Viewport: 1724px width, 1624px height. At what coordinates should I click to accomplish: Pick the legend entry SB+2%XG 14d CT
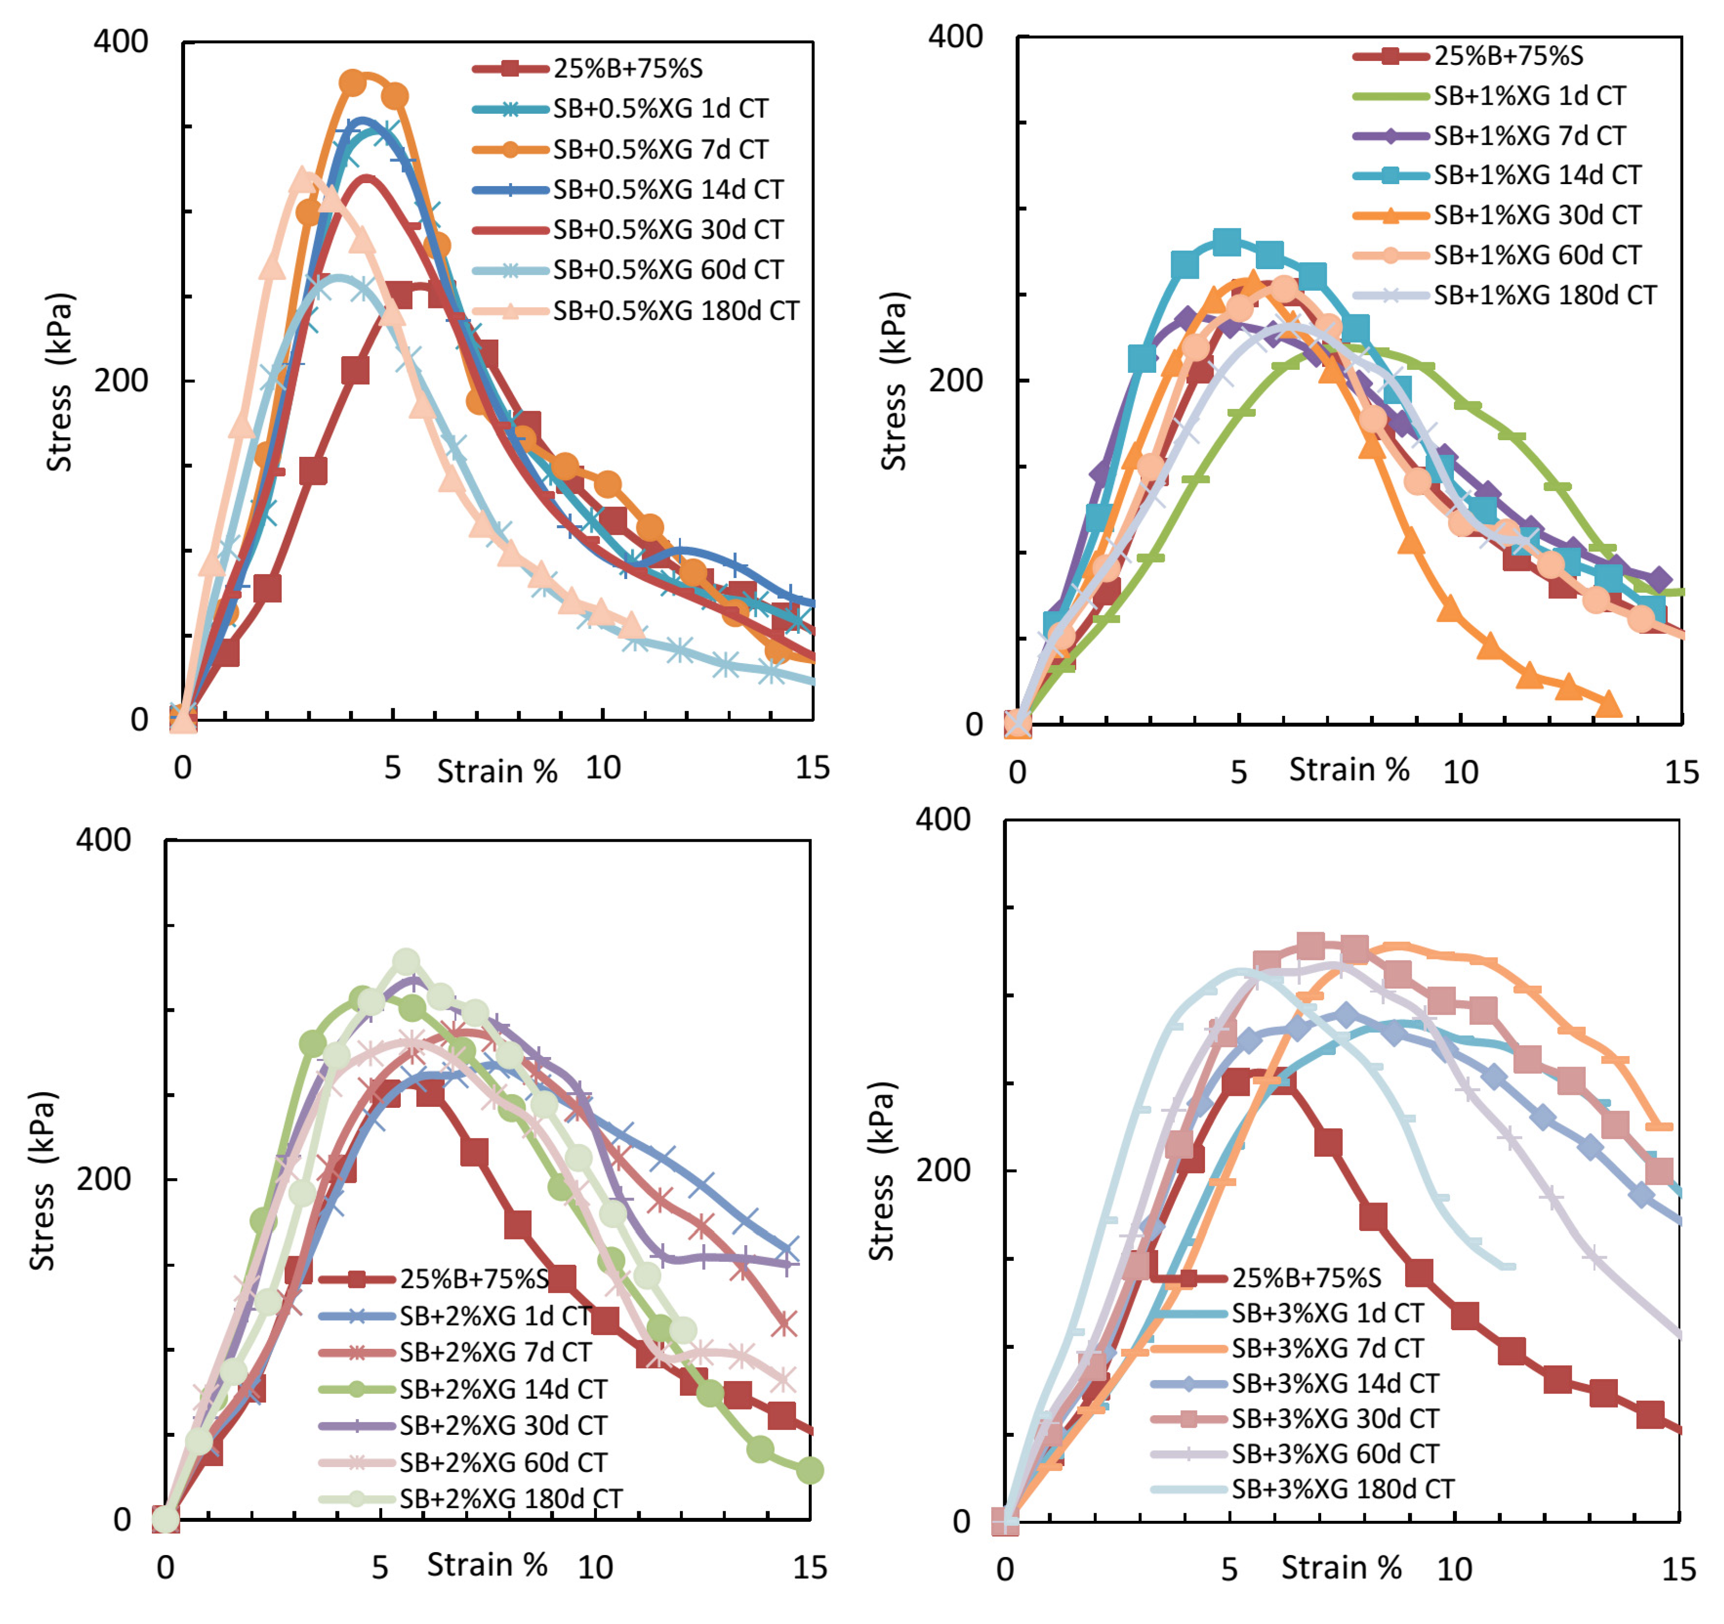click(x=503, y=1389)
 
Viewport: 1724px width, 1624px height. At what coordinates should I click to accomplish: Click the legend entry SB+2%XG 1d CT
click(x=494, y=1316)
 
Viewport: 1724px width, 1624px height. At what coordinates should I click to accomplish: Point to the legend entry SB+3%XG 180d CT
click(x=1342, y=1490)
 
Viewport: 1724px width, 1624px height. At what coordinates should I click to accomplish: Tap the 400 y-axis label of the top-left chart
click(x=121, y=42)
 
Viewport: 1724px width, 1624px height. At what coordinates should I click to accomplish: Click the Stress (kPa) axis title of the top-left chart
click(x=59, y=382)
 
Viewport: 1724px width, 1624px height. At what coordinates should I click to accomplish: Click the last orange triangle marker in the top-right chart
click(x=1609, y=704)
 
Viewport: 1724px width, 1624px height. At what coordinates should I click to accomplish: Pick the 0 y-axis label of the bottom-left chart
click(x=122, y=1519)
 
